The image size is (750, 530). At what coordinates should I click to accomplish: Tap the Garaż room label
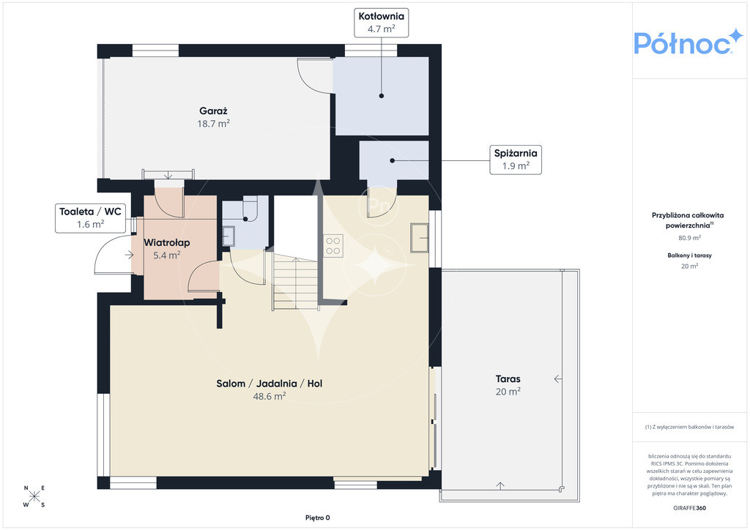(213, 111)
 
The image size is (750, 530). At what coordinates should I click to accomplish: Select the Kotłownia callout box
(381, 23)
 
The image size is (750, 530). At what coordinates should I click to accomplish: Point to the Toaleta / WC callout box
(90, 218)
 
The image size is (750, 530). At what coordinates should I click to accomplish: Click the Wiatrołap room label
(167, 242)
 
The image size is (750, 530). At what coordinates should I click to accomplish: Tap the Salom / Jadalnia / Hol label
(270, 384)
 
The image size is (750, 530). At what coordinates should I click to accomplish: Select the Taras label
(508, 379)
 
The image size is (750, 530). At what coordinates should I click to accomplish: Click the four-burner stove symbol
(333, 246)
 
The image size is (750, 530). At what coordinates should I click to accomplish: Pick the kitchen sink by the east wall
(420, 237)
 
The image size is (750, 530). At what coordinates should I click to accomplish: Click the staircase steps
(295, 281)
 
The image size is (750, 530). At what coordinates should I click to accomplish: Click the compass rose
(34, 496)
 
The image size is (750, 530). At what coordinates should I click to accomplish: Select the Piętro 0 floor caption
(318, 518)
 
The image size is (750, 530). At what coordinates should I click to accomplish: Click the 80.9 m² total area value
(689, 237)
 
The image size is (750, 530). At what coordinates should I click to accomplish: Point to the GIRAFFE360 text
(689, 508)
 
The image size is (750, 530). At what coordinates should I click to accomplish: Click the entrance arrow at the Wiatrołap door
(129, 255)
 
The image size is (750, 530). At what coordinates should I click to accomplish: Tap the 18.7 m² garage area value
(213, 124)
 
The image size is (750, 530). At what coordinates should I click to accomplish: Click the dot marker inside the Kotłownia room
(381, 96)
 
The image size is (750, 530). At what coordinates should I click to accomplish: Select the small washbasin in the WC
(229, 236)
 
